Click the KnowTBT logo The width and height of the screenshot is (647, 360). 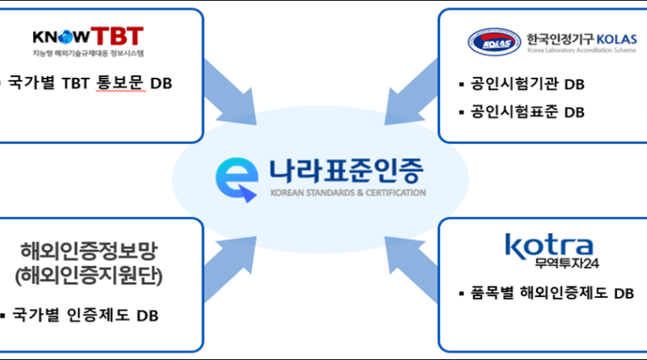(88, 36)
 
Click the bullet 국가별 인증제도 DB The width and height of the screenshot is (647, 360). (85, 315)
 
